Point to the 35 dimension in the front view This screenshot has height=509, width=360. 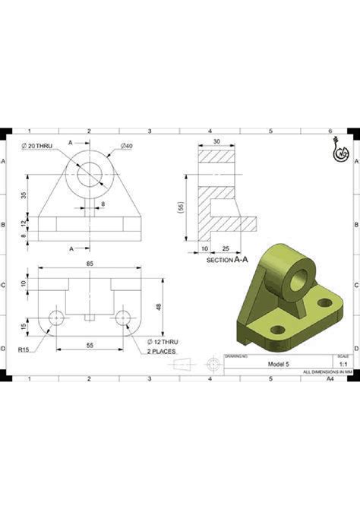24,194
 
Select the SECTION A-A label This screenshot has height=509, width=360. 227,260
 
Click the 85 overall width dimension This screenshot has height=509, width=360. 90,264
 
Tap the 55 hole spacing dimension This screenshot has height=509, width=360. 90,346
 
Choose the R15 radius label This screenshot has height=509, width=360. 24,350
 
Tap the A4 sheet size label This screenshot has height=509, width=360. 330,378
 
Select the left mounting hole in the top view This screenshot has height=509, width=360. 55,318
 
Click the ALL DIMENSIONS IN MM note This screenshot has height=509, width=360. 326,371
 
